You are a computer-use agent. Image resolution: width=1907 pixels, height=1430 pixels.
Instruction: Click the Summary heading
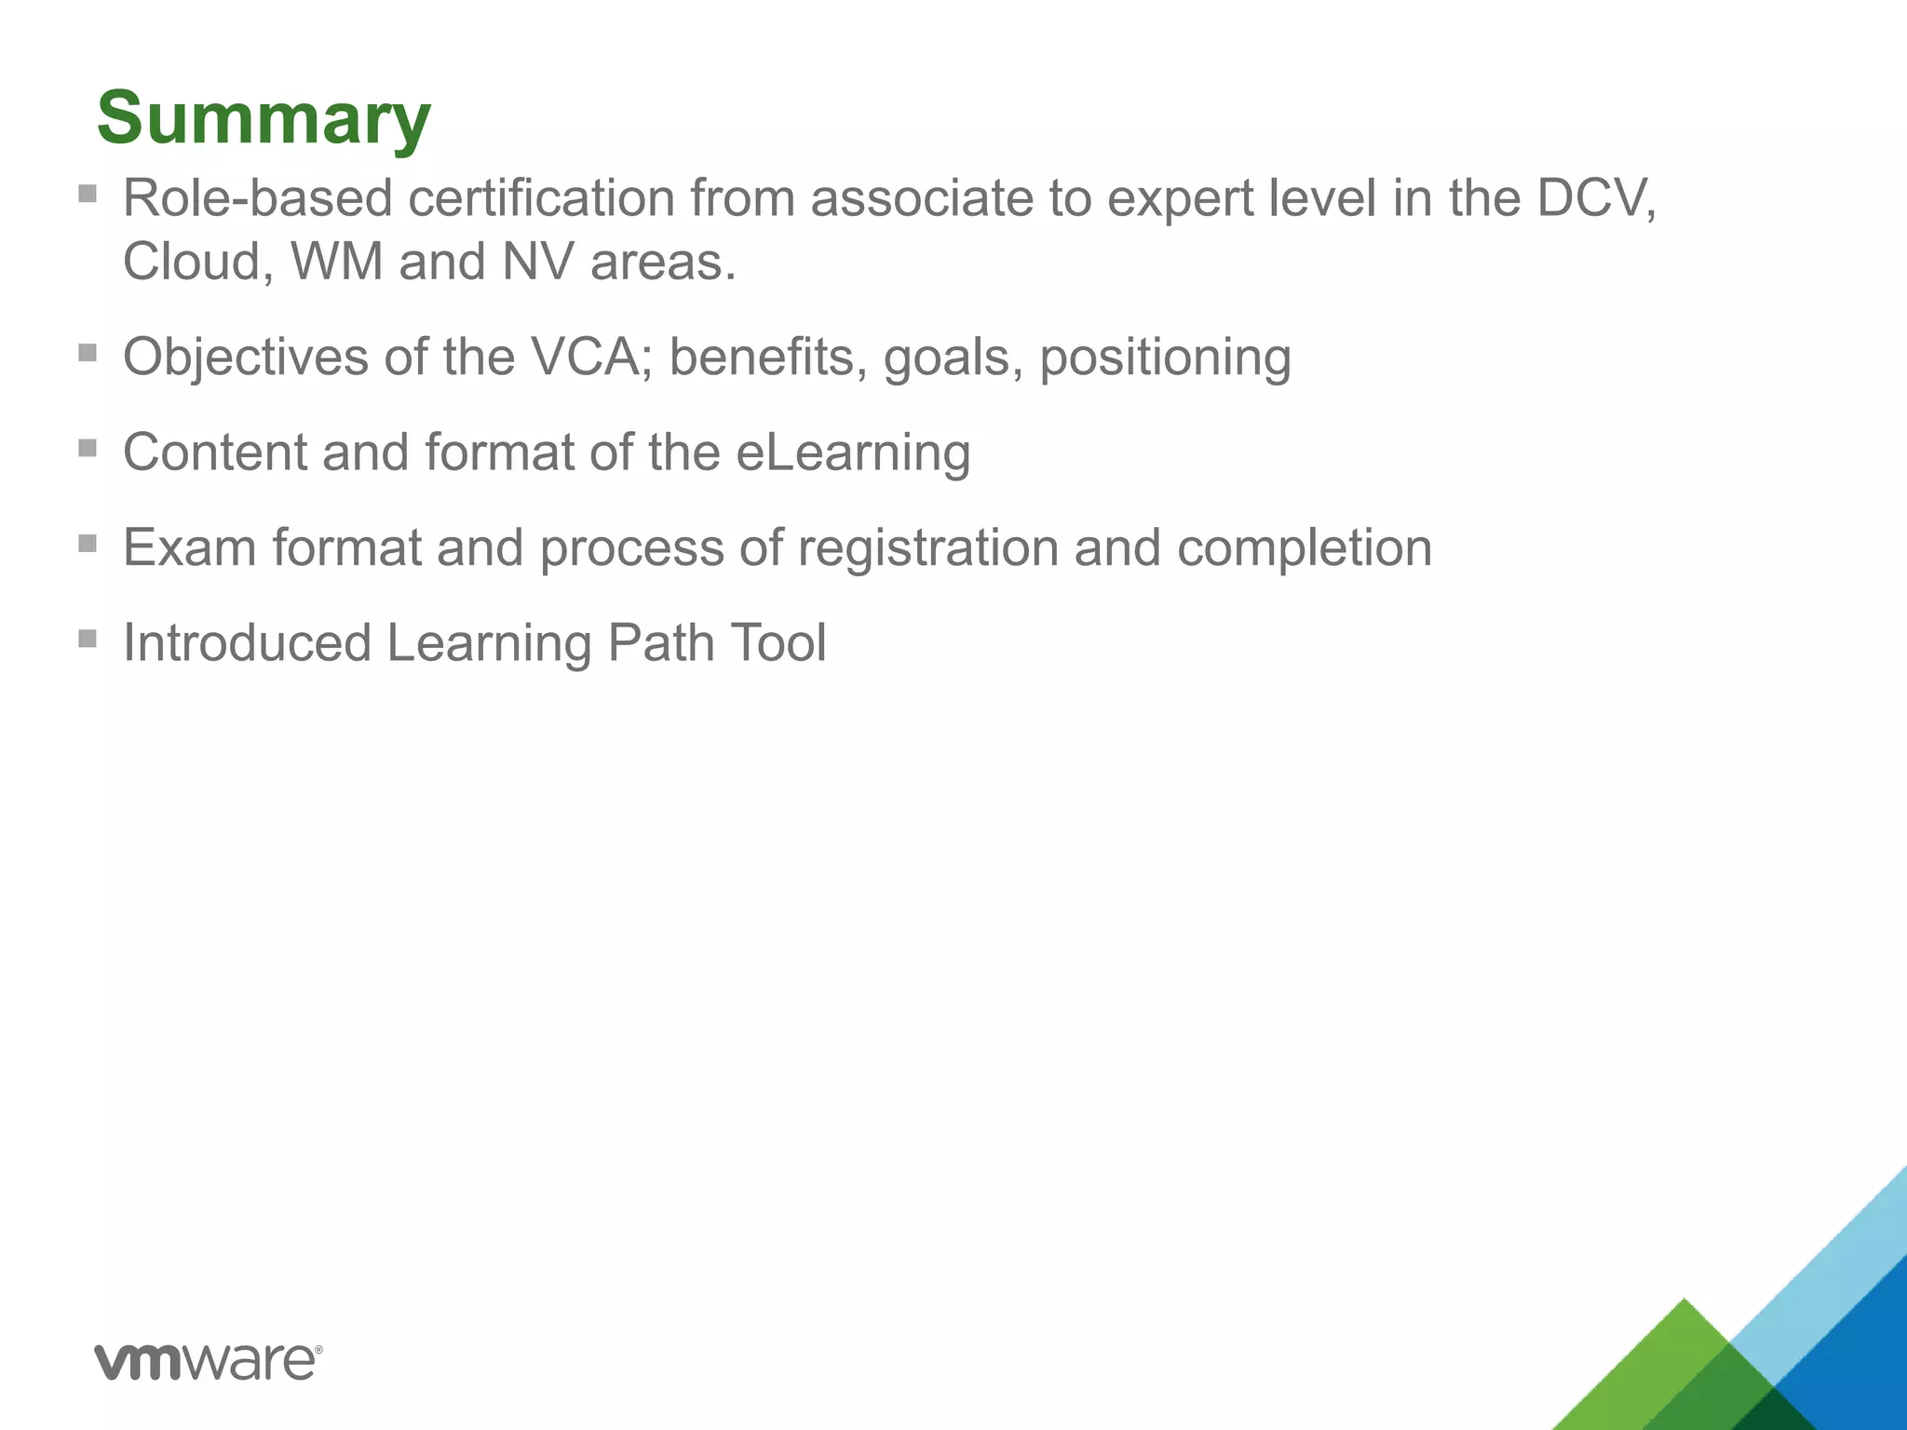click(264, 118)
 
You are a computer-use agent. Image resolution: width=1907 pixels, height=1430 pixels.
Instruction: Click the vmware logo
click(209, 1362)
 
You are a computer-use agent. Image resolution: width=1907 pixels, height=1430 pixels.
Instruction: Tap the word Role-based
click(257, 198)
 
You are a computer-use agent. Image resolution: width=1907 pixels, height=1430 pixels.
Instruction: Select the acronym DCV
click(1593, 198)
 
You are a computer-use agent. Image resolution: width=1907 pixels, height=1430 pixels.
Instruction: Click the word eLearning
click(852, 453)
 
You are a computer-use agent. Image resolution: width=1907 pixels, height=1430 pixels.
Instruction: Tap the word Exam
click(189, 548)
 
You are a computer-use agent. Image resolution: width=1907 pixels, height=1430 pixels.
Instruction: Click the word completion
click(1304, 548)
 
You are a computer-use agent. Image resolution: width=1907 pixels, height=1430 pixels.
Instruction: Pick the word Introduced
click(247, 643)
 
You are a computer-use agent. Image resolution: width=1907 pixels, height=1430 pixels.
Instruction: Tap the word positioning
click(1165, 358)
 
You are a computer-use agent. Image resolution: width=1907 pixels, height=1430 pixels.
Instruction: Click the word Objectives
click(245, 358)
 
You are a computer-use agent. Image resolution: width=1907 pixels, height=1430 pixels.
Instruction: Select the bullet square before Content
click(88, 449)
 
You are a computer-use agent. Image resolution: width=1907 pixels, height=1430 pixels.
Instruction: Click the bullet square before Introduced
click(88, 639)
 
